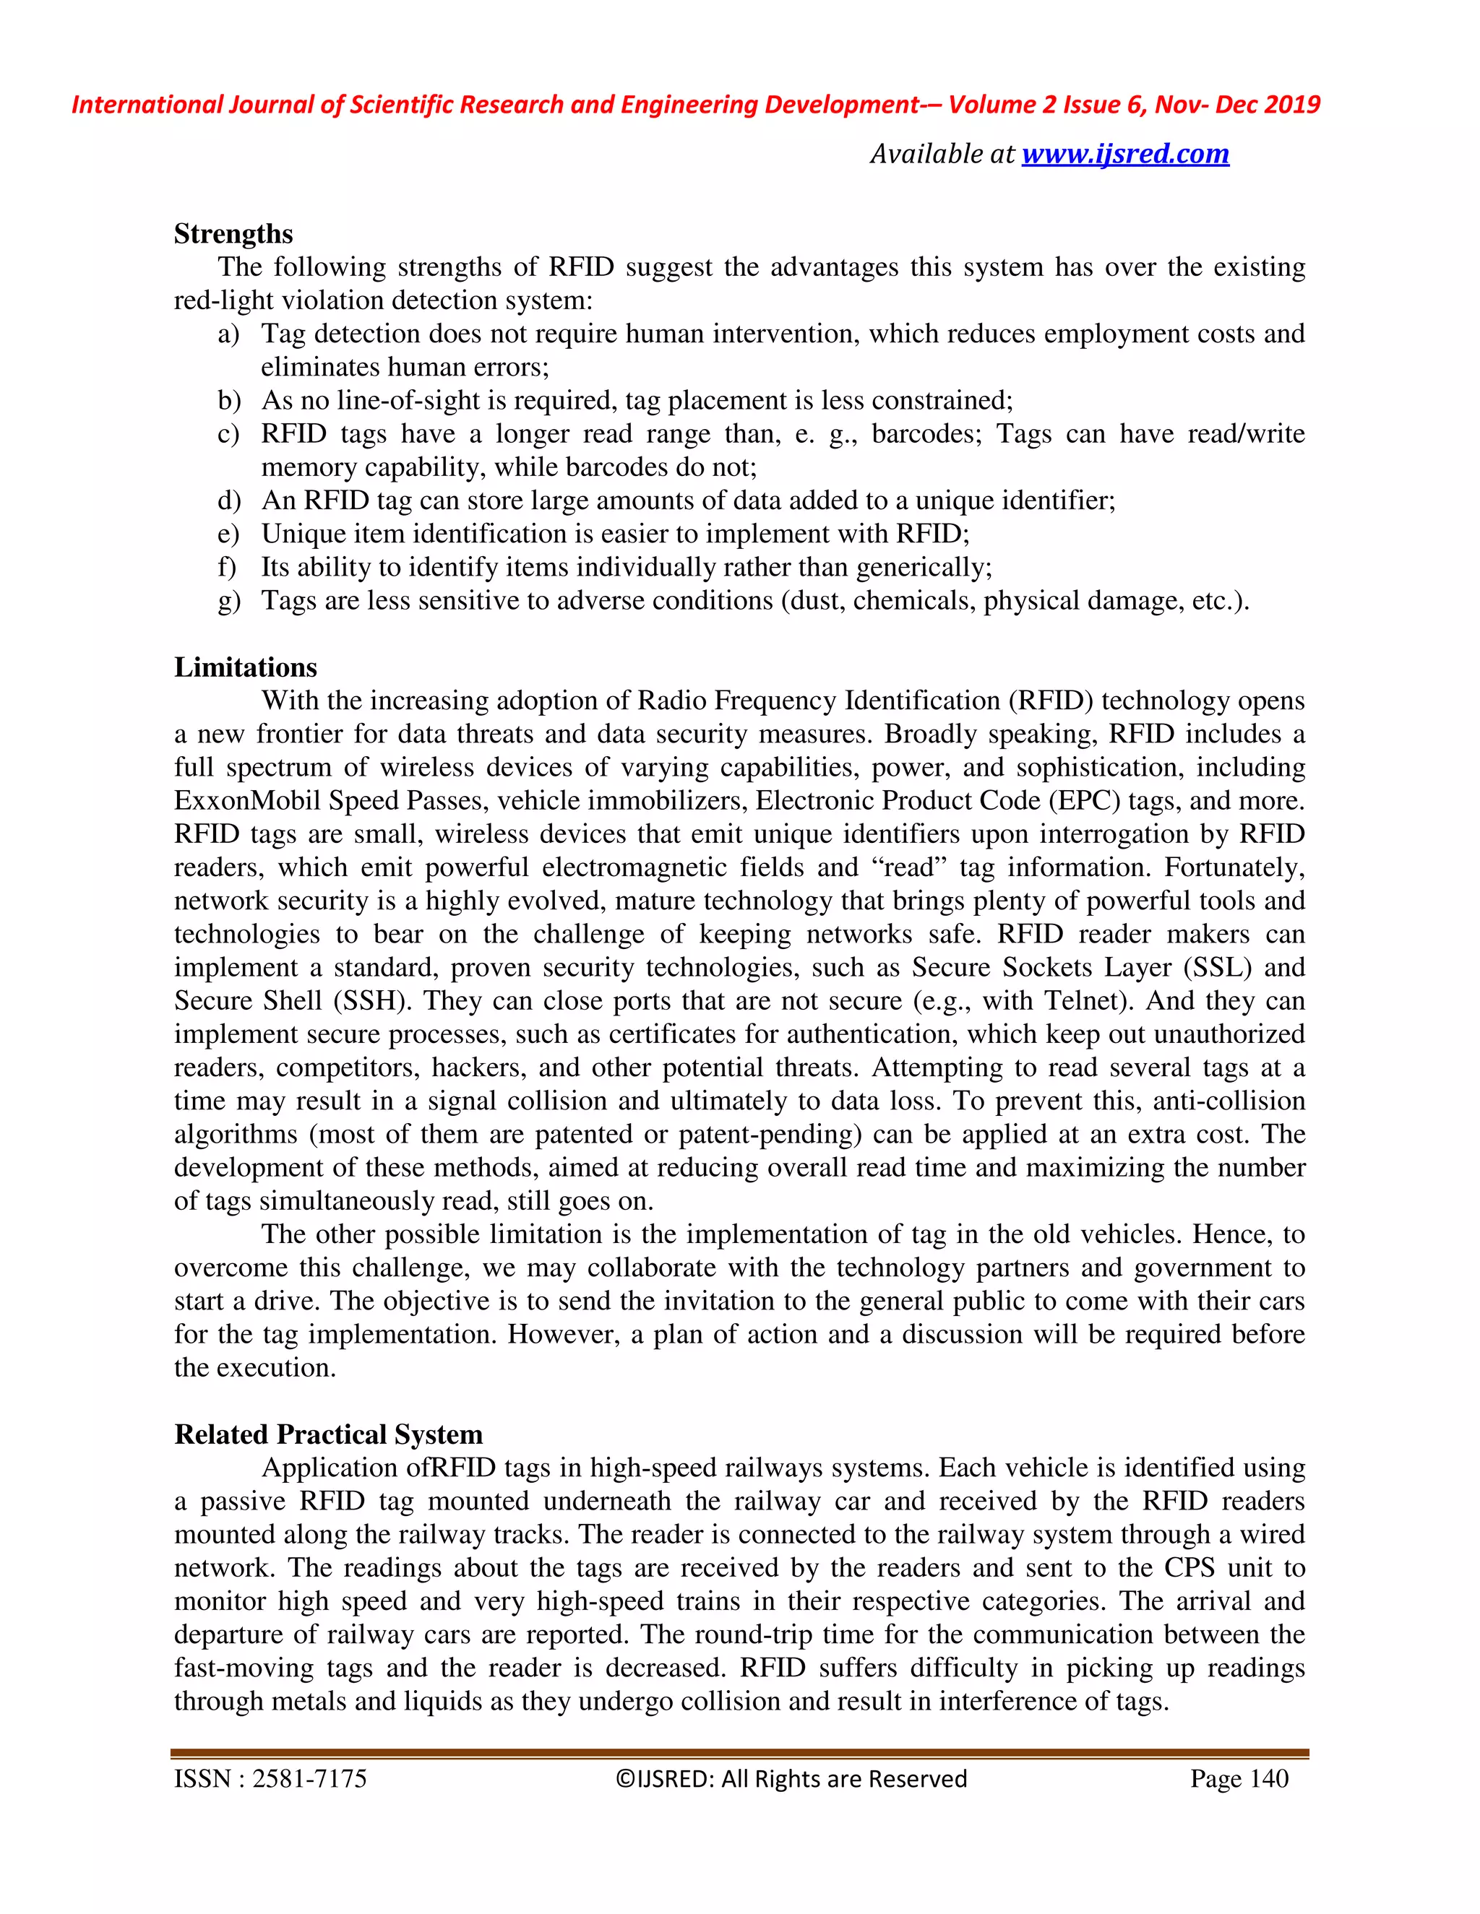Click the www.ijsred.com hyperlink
(x=1125, y=155)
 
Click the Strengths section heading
(x=233, y=234)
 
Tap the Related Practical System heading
(x=328, y=1434)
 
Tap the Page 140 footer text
(x=1239, y=1779)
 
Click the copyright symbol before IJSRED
(x=624, y=1779)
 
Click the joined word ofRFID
(x=451, y=1468)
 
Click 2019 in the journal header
(x=1294, y=105)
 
